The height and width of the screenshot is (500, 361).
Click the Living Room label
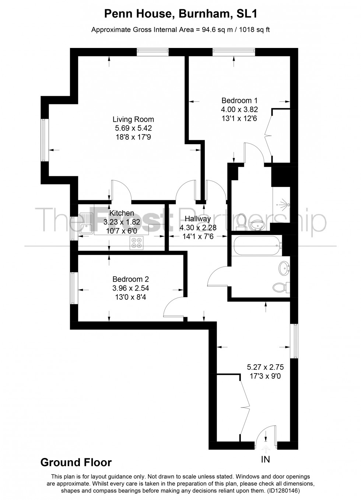click(x=133, y=119)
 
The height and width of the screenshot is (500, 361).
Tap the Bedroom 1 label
click(x=239, y=100)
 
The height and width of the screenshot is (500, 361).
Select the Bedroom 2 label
click(x=131, y=279)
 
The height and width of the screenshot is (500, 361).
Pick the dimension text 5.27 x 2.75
click(x=265, y=367)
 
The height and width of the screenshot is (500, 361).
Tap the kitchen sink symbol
click(x=85, y=223)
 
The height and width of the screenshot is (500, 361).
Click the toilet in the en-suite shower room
click(x=242, y=221)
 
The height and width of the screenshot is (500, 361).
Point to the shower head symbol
click(x=284, y=204)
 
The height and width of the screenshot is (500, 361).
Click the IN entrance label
click(x=265, y=459)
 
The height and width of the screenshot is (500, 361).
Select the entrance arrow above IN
click(x=266, y=448)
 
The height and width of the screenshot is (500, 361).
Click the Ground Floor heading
click(x=76, y=462)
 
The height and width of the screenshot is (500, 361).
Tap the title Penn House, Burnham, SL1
click(x=180, y=14)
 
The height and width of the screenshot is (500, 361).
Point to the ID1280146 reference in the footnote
click(x=282, y=491)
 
